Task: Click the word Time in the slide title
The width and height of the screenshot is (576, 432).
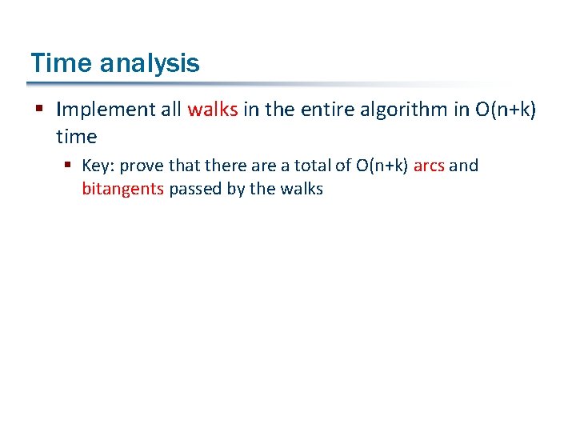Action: [57, 62]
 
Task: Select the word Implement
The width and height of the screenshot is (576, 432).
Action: [106, 110]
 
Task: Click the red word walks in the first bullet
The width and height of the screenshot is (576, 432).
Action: [212, 110]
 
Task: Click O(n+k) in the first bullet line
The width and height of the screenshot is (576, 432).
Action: [506, 110]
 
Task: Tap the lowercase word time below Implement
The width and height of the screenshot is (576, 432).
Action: [76, 137]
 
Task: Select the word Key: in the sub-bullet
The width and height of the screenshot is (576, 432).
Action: [99, 166]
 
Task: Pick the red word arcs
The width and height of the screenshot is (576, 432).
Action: [429, 166]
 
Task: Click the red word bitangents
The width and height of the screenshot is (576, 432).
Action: [123, 190]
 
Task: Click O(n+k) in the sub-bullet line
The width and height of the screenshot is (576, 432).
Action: [382, 166]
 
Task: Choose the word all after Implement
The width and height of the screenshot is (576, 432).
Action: [171, 110]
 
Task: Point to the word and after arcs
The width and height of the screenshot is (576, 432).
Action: [463, 166]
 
